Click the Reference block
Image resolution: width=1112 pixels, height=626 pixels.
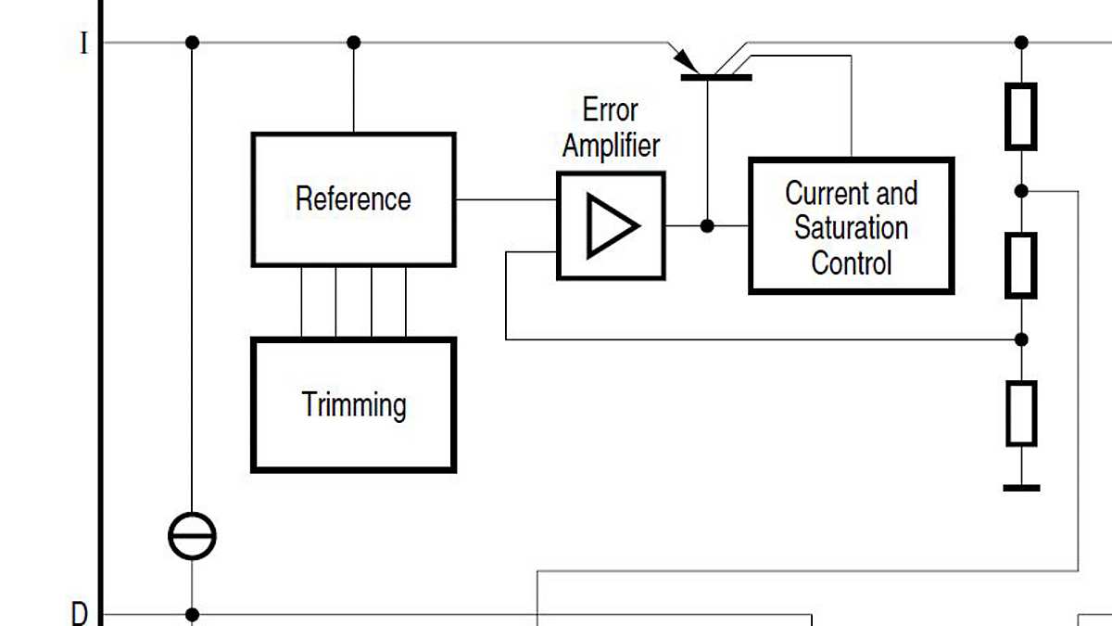click(x=353, y=199)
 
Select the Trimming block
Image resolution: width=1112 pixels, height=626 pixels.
click(x=353, y=405)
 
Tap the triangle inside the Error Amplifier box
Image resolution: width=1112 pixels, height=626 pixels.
click(x=612, y=225)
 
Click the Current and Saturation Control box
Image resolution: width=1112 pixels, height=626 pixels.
click(x=851, y=226)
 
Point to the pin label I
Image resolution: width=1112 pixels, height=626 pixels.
click(x=84, y=44)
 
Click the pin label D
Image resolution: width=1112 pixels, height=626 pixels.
click(x=81, y=613)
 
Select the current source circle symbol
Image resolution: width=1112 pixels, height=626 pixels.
click(x=192, y=536)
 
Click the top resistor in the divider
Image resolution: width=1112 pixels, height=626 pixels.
click(x=1020, y=116)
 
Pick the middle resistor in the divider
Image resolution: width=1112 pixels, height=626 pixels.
click(x=1020, y=265)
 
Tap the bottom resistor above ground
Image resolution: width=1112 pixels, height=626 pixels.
click(x=1020, y=413)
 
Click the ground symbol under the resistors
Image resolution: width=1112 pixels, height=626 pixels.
click(x=1020, y=488)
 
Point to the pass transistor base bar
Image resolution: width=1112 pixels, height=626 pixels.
click(x=715, y=77)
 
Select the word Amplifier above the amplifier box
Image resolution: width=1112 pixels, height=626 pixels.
click(x=611, y=146)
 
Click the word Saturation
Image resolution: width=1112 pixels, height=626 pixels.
click(x=851, y=227)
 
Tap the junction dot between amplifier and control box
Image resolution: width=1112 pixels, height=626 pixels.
click(x=707, y=225)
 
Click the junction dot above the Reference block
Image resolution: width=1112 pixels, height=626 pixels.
click(x=353, y=43)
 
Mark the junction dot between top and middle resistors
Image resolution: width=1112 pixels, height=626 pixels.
click(x=1020, y=191)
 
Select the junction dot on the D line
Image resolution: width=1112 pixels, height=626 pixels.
click(x=192, y=614)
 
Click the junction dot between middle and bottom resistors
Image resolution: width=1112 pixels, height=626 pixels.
click(x=1020, y=339)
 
